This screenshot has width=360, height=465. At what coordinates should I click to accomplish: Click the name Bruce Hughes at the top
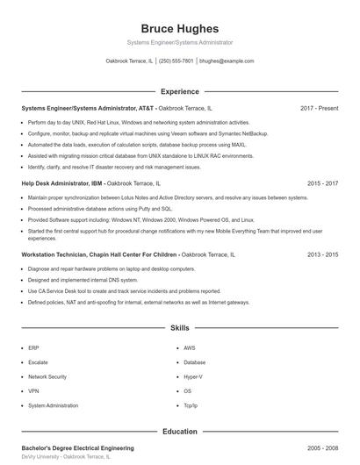(x=180, y=28)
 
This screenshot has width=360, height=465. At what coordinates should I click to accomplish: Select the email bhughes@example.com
(x=227, y=61)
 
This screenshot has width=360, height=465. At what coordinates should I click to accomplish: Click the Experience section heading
(x=180, y=91)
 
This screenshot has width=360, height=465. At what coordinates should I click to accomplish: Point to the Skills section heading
(x=180, y=327)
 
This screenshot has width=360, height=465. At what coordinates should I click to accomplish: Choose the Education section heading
(x=180, y=432)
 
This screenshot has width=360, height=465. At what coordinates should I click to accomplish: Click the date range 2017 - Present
(x=319, y=108)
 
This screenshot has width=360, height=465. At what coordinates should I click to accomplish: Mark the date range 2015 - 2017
(x=323, y=184)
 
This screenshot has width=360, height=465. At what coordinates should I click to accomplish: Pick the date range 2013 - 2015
(x=323, y=254)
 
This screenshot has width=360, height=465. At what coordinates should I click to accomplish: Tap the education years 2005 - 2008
(x=323, y=447)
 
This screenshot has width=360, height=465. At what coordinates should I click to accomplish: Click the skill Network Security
(x=48, y=376)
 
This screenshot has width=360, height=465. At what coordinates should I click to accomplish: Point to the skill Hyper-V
(x=193, y=376)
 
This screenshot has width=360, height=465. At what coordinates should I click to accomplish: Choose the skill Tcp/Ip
(x=191, y=405)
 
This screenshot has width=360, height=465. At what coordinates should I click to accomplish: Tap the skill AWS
(x=190, y=347)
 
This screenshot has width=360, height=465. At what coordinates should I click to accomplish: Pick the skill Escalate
(x=39, y=361)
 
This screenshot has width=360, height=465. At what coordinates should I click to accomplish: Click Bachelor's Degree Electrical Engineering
(x=77, y=447)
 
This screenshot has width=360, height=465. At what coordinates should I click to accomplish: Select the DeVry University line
(x=67, y=457)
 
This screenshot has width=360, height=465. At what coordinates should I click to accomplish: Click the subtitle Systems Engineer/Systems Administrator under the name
(x=180, y=42)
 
